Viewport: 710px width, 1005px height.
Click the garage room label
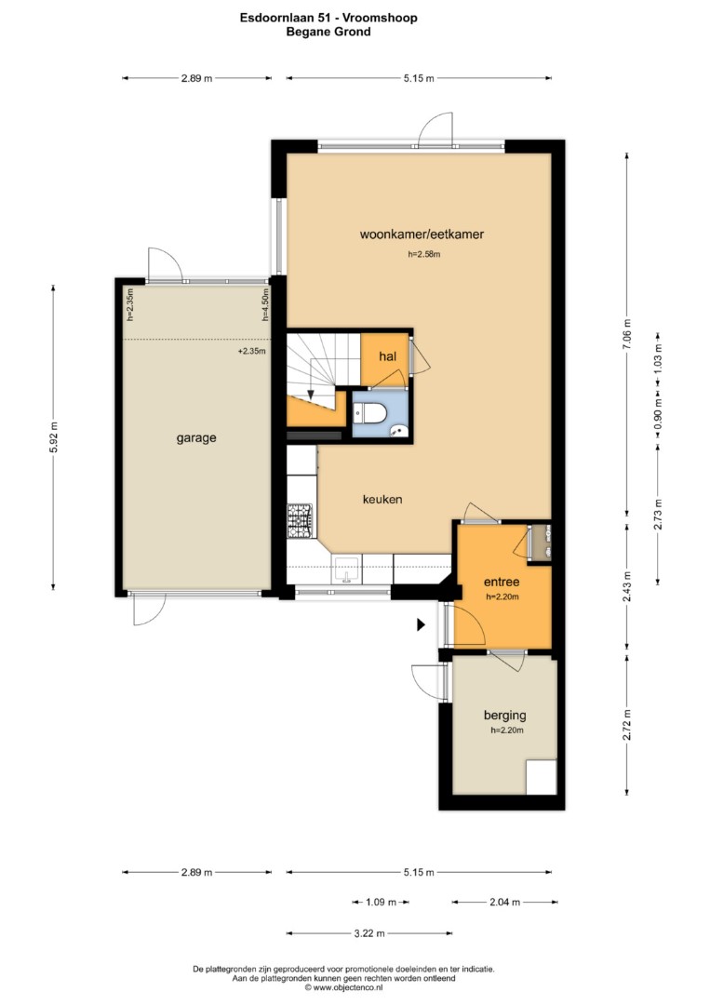(x=196, y=438)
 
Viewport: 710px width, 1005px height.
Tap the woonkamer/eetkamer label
(x=422, y=234)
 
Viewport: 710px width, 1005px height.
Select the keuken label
(x=382, y=499)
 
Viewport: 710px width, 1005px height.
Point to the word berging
(x=505, y=716)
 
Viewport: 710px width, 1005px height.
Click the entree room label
(x=502, y=582)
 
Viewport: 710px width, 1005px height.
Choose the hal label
(x=388, y=356)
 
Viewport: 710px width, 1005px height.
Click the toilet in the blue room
(x=369, y=414)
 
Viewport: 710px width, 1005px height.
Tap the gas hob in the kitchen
(x=300, y=520)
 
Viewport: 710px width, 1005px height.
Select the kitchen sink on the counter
(x=347, y=569)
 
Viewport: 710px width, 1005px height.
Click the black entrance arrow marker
(x=421, y=624)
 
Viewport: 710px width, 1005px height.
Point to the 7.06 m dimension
(x=627, y=333)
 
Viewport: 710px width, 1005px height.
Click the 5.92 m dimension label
(x=53, y=437)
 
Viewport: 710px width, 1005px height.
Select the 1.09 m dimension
(x=381, y=903)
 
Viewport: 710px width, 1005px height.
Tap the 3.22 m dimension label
(x=369, y=933)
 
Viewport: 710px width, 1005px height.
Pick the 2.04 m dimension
(x=505, y=903)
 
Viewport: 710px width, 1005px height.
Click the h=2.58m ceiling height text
(x=424, y=254)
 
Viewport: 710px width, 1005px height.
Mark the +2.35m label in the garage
(x=252, y=351)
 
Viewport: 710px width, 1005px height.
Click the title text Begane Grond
(x=328, y=32)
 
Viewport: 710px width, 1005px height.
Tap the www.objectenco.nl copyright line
(x=343, y=987)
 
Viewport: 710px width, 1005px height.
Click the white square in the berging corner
(x=541, y=777)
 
